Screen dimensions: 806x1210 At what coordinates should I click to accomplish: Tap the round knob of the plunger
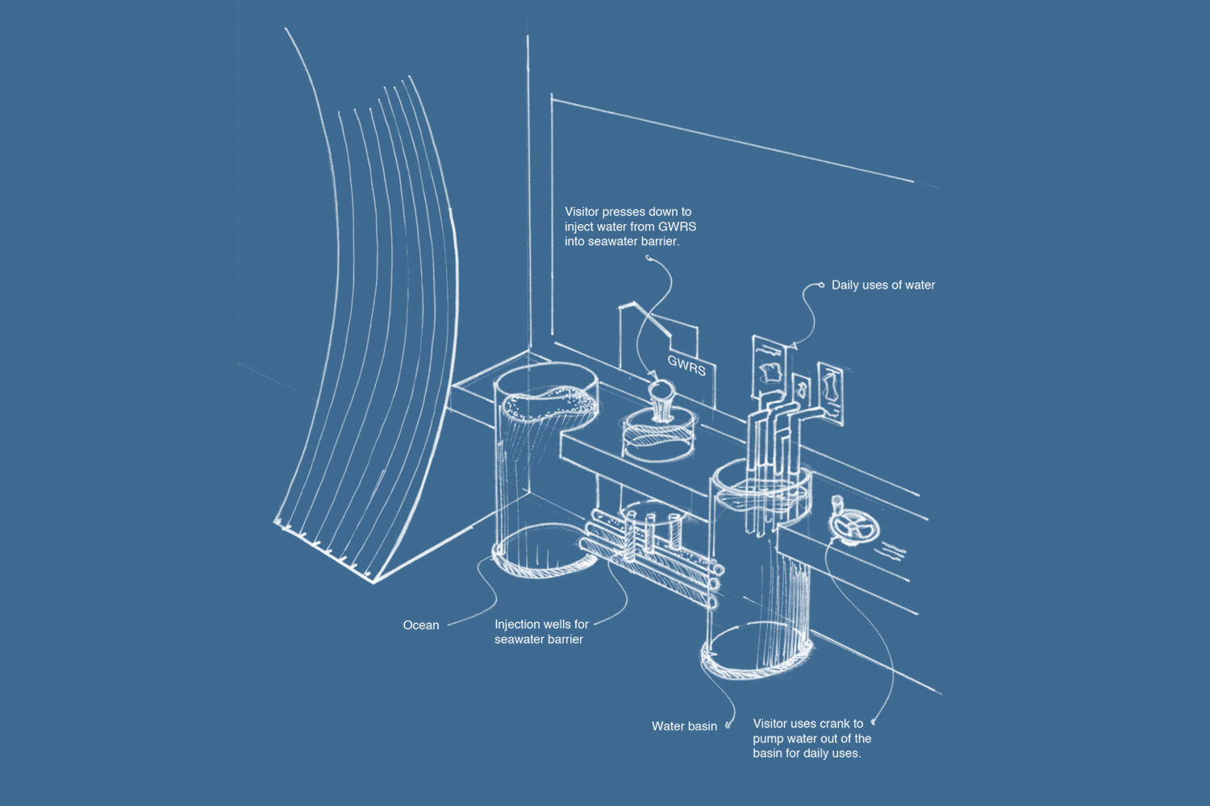point(663,391)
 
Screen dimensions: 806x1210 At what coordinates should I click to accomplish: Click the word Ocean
point(421,625)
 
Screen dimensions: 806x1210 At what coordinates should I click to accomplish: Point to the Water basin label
point(684,726)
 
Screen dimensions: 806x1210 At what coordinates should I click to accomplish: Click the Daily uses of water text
point(883,285)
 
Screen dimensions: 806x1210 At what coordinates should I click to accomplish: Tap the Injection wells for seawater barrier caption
point(541,632)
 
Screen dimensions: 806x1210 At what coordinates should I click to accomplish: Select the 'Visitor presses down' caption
point(630,226)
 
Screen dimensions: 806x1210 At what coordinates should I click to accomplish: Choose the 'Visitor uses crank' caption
point(812,738)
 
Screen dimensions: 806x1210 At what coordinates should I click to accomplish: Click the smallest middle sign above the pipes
point(801,388)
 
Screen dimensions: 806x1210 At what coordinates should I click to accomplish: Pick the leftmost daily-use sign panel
point(770,368)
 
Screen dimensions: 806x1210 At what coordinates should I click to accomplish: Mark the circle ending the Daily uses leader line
point(821,285)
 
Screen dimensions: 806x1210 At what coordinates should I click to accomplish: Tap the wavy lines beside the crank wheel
point(891,551)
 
